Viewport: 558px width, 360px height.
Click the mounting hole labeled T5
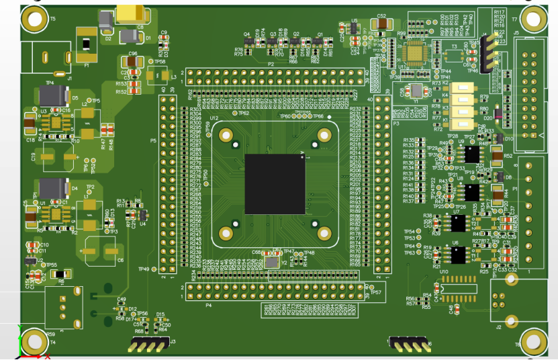(34, 20)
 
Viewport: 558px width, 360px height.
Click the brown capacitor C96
(133, 62)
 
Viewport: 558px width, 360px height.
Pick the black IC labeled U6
(459, 255)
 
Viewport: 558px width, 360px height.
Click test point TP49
(154, 269)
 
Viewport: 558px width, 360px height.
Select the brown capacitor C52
(381, 24)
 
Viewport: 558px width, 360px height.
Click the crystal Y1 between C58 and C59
(416, 91)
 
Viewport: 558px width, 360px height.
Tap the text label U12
(214, 118)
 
